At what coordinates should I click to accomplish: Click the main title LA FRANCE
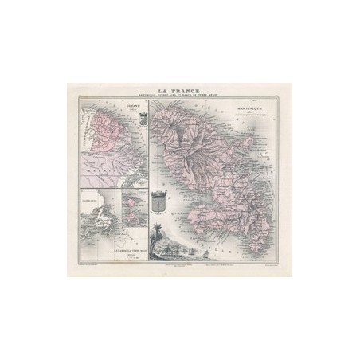[x=180, y=90]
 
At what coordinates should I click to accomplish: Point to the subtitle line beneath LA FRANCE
[x=180, y=96]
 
